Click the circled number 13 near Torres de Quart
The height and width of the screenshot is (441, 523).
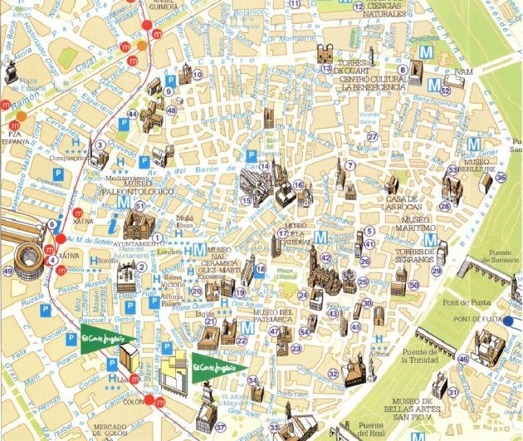326,68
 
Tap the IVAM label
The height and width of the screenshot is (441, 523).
463,72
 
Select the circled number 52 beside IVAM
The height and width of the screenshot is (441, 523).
445,91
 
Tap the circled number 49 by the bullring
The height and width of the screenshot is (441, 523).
7,271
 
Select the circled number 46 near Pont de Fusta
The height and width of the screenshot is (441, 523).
462,359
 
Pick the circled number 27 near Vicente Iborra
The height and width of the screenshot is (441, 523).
373,137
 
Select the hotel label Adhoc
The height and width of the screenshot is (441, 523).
381,351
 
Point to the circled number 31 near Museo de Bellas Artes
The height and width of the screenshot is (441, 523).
453,392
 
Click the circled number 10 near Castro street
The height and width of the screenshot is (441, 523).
197,75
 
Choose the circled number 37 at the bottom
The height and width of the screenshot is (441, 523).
220,428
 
